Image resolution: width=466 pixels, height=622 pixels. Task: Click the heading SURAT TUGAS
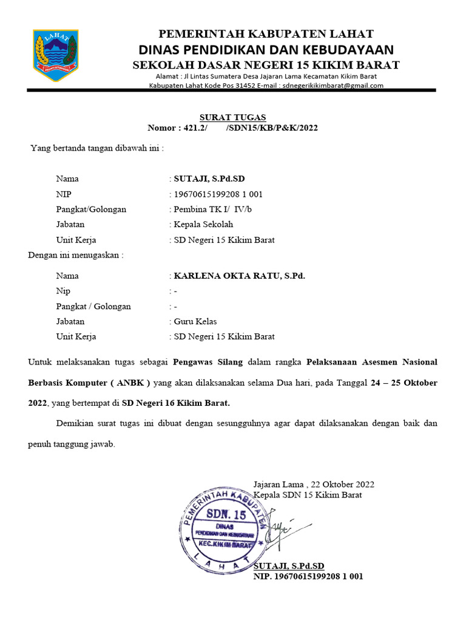(x=233, y=117)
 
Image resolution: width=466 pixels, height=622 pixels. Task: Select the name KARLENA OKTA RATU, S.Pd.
(x=239, y=276)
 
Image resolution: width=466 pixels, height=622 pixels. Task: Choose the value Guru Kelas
(x=195, y=321)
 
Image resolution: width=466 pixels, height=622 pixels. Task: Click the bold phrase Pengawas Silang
(x=208, y=362)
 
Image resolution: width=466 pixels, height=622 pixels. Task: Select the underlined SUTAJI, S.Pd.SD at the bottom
(x=289, y=566)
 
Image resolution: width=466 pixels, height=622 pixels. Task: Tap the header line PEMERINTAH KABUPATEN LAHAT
(x=266, y=33)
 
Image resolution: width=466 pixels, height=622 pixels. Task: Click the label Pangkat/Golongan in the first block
(x=91, y=210)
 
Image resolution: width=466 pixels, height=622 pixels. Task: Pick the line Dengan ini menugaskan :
(x=76, y=255)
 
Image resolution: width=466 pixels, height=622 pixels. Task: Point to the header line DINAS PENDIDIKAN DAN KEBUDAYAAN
(x=266, y=49)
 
